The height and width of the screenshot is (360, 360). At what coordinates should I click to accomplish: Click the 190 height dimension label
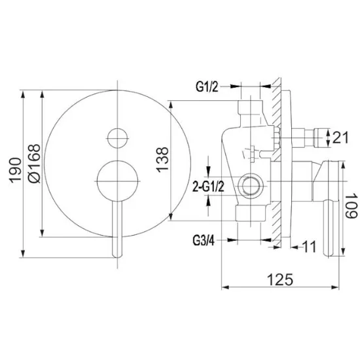click(x=15, y=170)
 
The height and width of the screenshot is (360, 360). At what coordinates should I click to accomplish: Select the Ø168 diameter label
click(x=34, y=164)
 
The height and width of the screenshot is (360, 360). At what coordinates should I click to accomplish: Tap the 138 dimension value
click(x=162, y=160)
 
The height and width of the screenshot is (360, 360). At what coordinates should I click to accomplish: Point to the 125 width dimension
click(x=280, y=279)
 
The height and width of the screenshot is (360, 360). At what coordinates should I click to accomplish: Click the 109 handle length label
click(x=351, y=206)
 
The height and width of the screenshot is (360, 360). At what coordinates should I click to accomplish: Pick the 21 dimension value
click(x=340, y=137)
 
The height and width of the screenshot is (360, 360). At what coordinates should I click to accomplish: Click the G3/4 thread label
click(x=204, y=241)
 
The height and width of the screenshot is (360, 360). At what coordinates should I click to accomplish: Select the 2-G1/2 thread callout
click(x=208, y=187)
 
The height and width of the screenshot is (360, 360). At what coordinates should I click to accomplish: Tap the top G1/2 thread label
click(x=207, y=87)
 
